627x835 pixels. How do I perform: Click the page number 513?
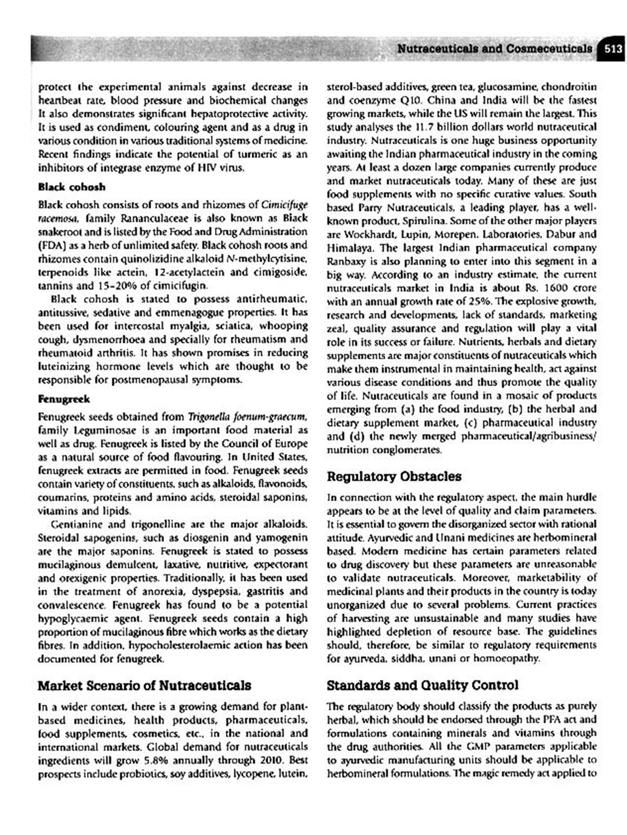613,49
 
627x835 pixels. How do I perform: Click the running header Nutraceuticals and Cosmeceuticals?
494,49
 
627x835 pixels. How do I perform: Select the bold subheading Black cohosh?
71,187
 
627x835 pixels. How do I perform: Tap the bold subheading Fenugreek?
64,399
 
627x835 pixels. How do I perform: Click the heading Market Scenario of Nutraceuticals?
144,686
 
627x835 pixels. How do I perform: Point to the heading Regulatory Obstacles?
394,476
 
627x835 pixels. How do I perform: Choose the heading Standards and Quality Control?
422,685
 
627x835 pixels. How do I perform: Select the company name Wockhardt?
351,234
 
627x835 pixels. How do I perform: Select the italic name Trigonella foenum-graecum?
247,417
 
